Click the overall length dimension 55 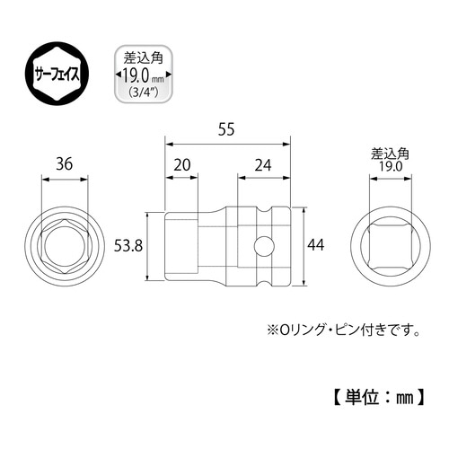(x=227, y=131)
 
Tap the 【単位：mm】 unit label (x=376, y=394)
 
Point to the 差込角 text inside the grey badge (x=139, y=58)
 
